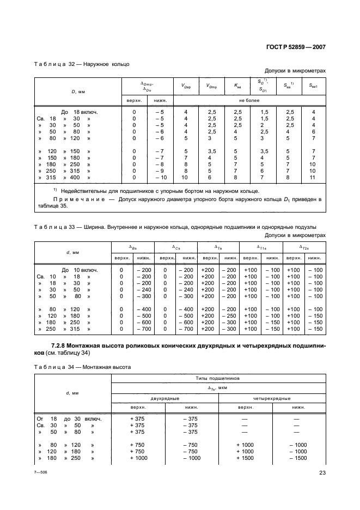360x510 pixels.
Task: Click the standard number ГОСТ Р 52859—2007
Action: tap(295, 47)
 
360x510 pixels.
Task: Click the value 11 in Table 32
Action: tap(313, 178)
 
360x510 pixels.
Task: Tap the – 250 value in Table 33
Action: tap(231, 315)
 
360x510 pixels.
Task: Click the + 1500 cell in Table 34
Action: tap(246, 458)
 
